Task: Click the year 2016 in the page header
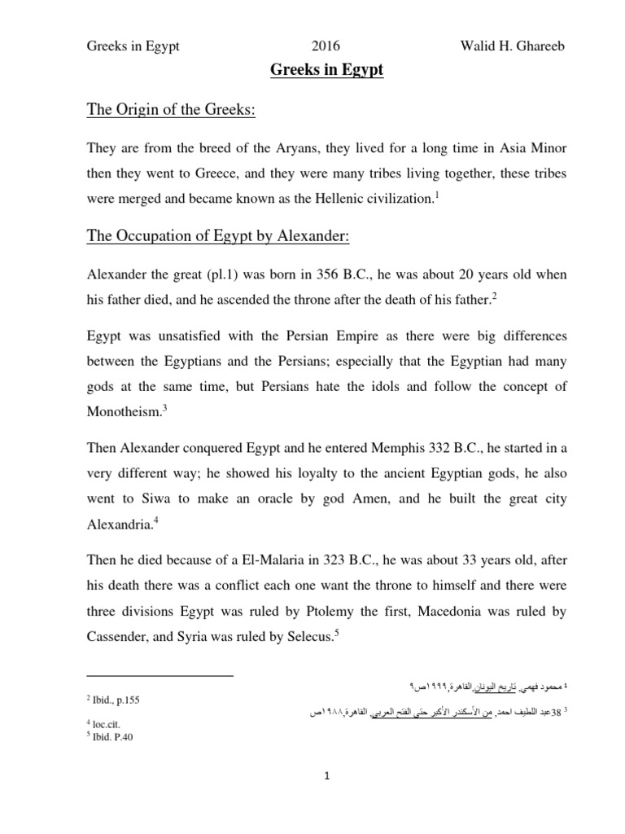click(327, 46)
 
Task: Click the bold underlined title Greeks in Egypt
click(326, 72)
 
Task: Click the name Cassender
click(120, 635)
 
